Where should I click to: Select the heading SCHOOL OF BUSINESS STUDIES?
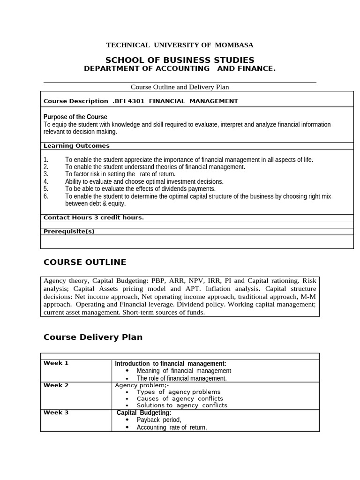click(180, 60)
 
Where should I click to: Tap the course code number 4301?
click(136, 101)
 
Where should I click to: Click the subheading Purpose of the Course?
click(75, 117)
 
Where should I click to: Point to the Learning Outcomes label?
click(76, 146)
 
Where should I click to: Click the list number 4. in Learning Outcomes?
click(46, 181)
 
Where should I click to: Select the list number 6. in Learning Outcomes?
click(46, 196)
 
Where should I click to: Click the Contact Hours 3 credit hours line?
click(93, 217)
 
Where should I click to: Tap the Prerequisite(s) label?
click(69, 231)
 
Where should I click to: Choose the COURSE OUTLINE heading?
click(85, 262)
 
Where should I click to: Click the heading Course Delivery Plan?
click(93, 337)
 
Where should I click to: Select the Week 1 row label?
click(56, 363)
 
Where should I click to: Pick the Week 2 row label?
click(56, 385)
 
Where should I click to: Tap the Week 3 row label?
click(56, 412)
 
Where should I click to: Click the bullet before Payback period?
click(128, 420)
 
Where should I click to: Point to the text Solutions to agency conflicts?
click(182, 405)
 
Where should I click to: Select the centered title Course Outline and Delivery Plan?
click(180, 87)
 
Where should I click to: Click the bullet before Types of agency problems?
click(128, 392)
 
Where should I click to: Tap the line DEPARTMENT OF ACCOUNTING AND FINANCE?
click(180, 69)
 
